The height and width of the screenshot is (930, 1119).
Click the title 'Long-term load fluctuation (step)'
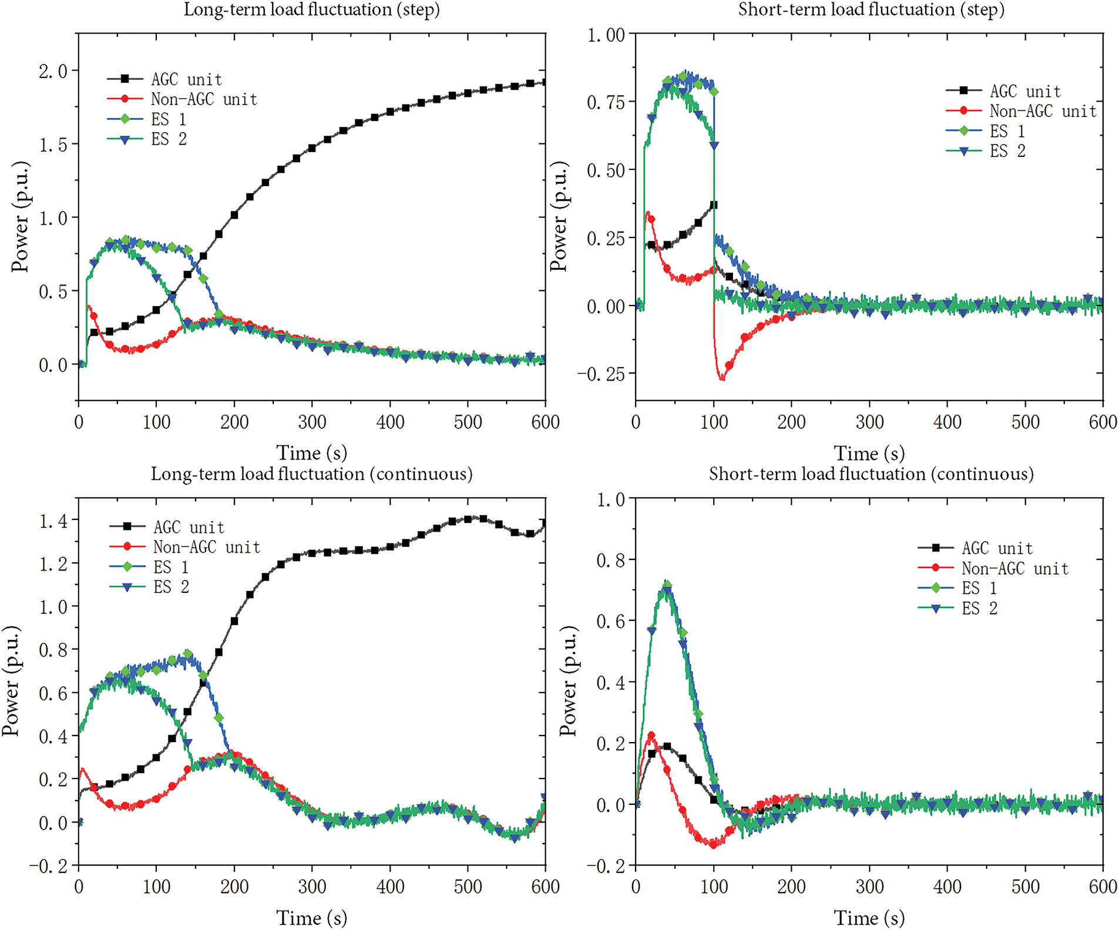[311, 10]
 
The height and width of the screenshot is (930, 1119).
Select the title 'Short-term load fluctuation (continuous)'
[871, 474]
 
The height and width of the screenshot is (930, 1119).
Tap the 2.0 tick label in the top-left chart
[53, 72]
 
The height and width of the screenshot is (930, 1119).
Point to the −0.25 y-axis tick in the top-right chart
[601, 374]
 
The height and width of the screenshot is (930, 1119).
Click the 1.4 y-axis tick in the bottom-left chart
[53, 521]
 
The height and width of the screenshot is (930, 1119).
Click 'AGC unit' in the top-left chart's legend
[186, 79]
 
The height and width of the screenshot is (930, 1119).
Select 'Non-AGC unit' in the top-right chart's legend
[1043, 111]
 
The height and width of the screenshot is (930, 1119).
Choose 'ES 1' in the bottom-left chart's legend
[171, 568]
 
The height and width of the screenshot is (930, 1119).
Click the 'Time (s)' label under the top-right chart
[869, 454]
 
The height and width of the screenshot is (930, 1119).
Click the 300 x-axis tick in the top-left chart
[312, 422]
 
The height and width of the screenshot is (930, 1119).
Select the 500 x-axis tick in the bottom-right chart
[1025, 887]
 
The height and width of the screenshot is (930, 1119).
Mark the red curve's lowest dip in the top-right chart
[722, 379]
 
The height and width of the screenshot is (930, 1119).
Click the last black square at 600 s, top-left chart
[545, 82]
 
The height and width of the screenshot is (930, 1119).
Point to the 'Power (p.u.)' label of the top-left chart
[20, 216]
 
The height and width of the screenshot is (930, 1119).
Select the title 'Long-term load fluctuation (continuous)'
[311, 474]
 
